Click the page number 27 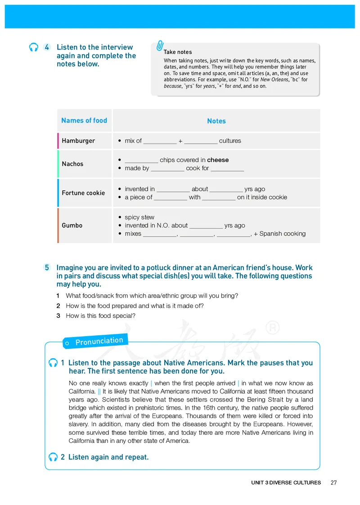[x=333, y=482]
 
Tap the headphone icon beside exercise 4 [x=33, y=47]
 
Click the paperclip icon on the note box [x=160, y=46]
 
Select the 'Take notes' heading [x=178, y=52]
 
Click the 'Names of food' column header [x=84, y=120]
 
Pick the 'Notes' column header [x=216, y=121]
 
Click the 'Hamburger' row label [x=78, y=141]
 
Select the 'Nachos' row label [x=72, y=164]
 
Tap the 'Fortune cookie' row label [x=83, y=193]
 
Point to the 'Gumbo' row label [x=72, y=225]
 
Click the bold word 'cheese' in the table [x=218, y=160]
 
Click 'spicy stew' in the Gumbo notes [x=139, y=217]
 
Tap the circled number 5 [x=47, y=267]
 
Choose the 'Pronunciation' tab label [x=99, y=341]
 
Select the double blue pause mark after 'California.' [x=99, y=392]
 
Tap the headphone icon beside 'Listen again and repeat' [x=53, y=457]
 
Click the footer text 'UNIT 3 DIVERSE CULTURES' [x=286, y=482]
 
